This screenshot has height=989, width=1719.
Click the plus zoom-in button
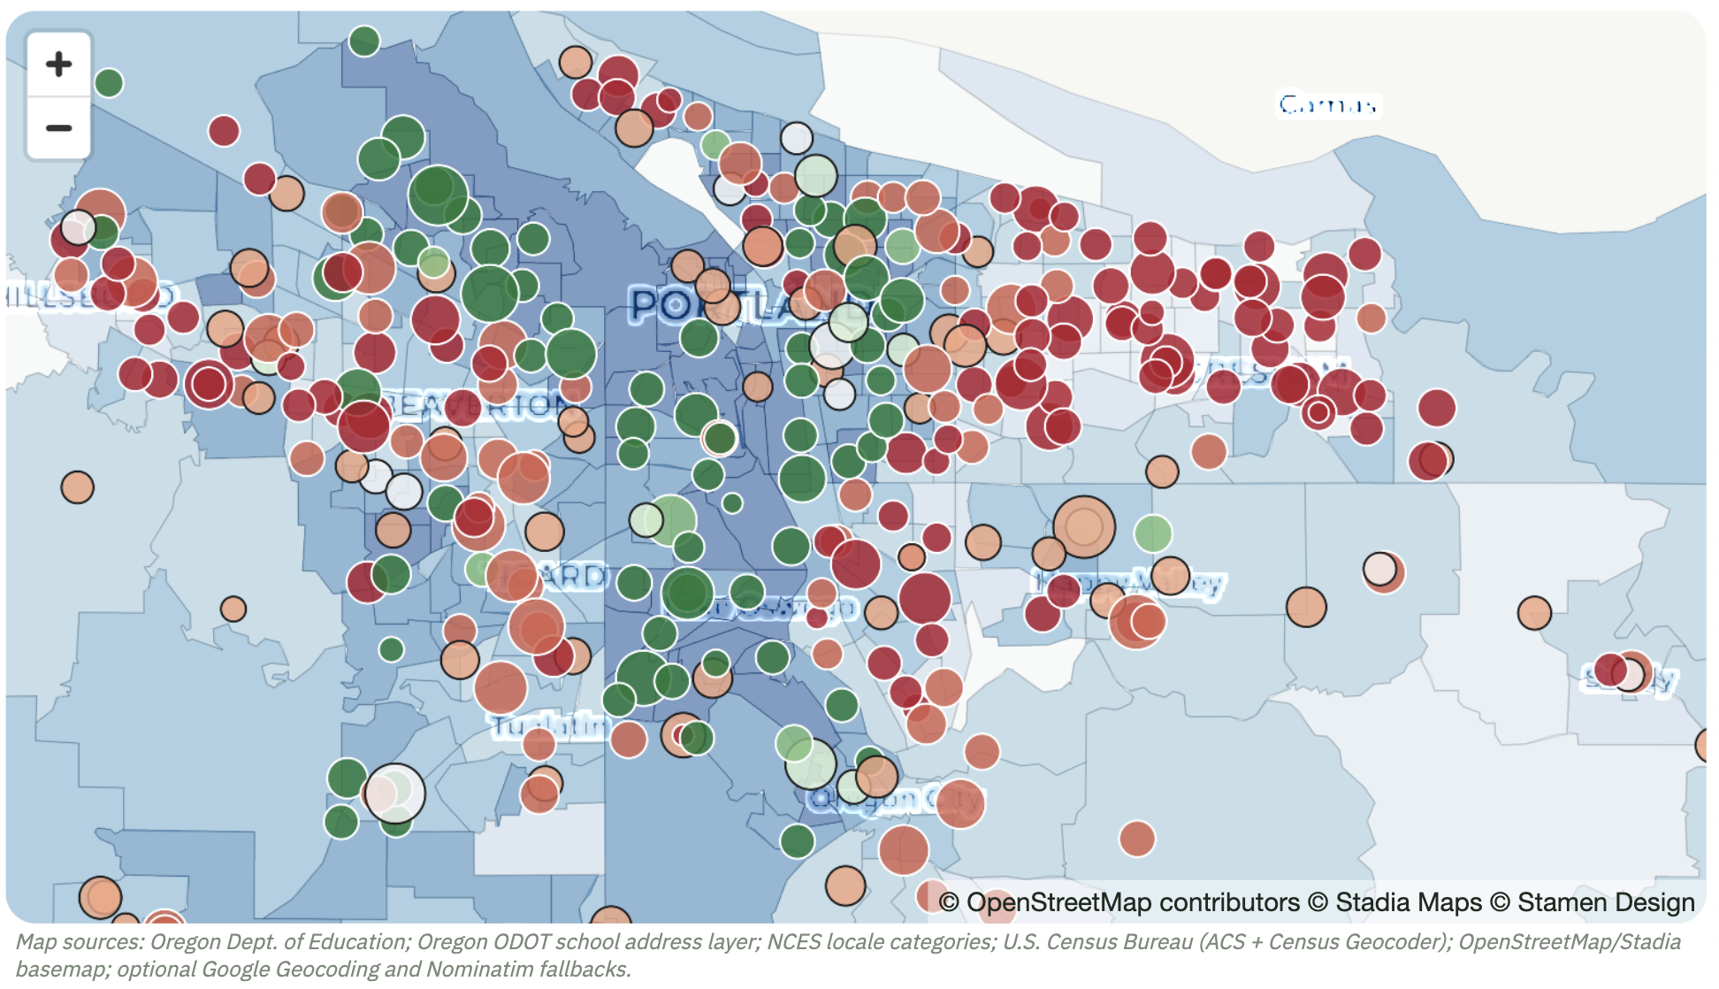(58, 64)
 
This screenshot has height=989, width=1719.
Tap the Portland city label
(743, 307)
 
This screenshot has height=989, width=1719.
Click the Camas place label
(1327, 105)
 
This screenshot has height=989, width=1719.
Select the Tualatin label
(549, 726)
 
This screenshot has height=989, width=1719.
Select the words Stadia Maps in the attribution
(1408, 902)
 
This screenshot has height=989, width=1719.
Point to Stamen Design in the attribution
(1605, 902)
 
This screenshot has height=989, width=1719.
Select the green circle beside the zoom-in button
(109, 83)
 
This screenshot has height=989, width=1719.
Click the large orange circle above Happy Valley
(1084, 526)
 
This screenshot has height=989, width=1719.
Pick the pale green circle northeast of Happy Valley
(1153, 533)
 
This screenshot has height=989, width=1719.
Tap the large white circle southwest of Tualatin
(394, 793)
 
